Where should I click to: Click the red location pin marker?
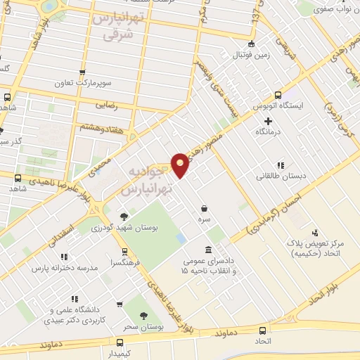[x=181, y=164]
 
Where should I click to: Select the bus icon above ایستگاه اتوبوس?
[x=278, y=95]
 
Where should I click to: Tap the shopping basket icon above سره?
[x=204, y=208]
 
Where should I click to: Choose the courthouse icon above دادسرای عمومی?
[x=208, y=250]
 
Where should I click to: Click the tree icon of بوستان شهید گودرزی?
[x=124, y=217]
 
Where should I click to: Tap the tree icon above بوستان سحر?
[x=143, y=316]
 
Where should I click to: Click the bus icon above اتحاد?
[x=262, y=331]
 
